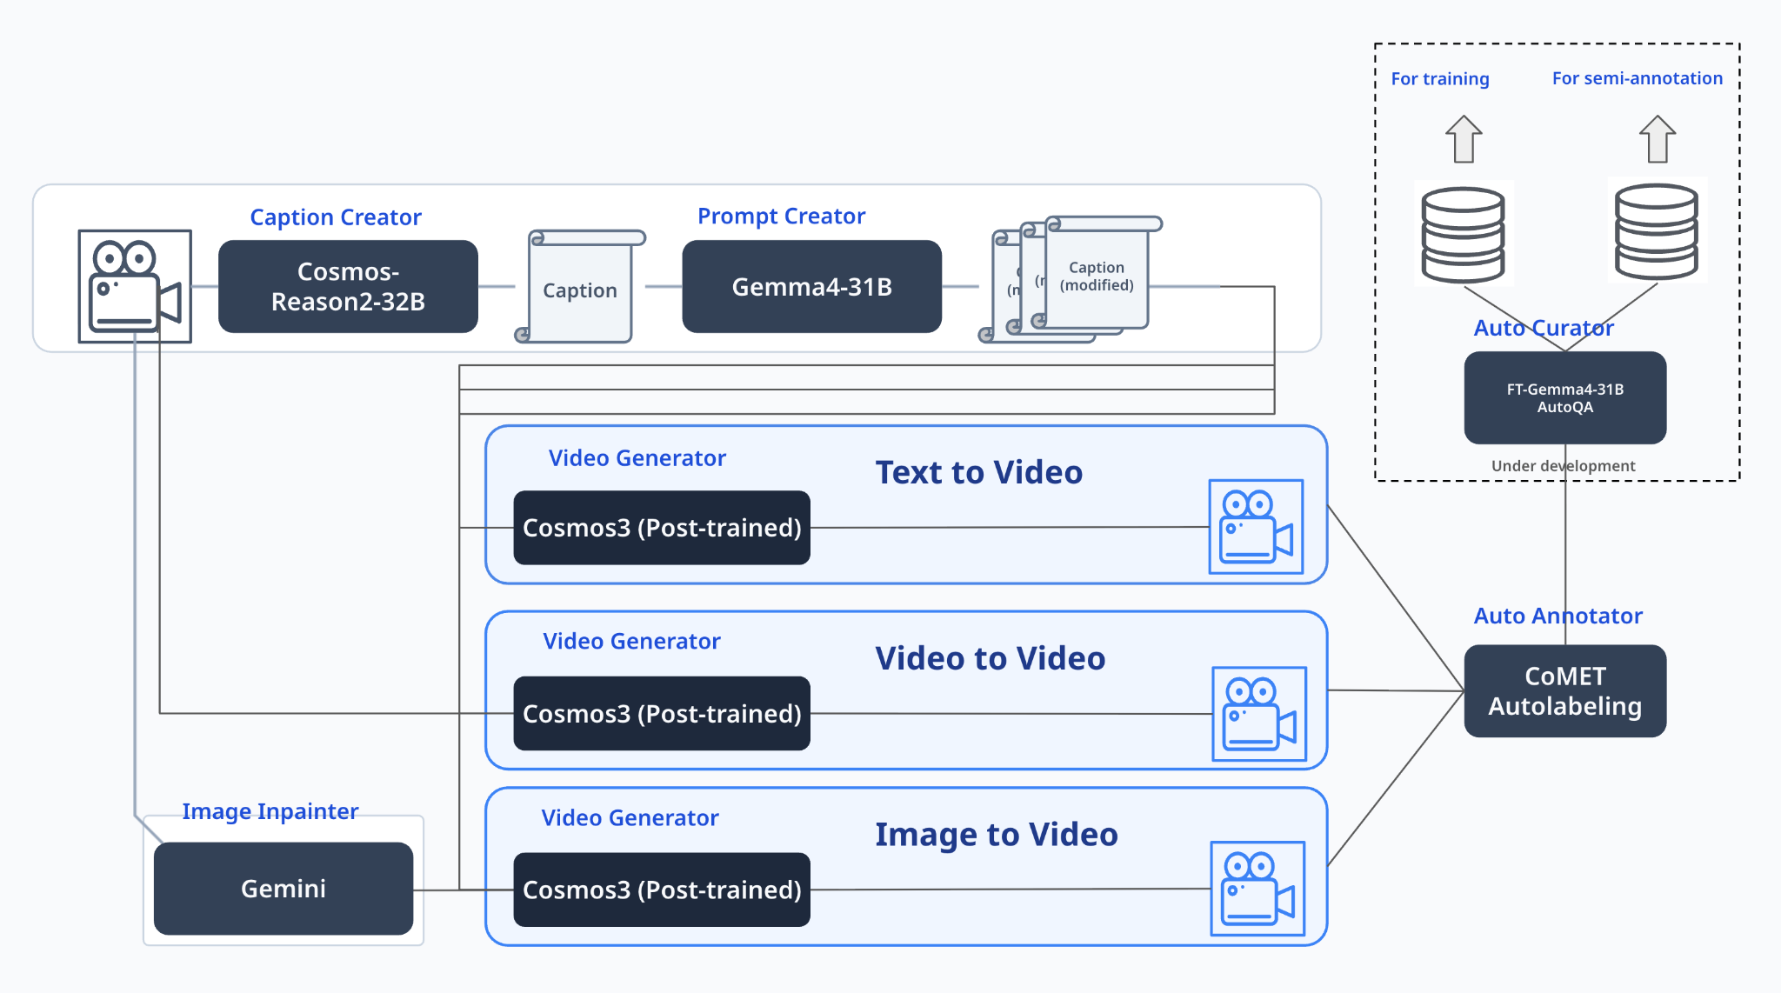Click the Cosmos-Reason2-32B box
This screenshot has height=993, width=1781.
(x=348, y=286)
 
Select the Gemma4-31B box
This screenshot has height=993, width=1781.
(x=811, y=286)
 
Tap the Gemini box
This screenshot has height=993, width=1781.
(x=283, y=888)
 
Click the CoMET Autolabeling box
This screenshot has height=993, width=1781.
(x=1565, y=690)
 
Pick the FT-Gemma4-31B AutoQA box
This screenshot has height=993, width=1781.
(x=1565, y=397)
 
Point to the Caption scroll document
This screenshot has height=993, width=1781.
(x=580, y=286)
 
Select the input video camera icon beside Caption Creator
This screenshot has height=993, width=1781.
(x=135, y=286)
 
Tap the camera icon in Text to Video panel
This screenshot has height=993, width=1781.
(x=1256, y=526)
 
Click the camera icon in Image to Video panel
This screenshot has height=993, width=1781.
(x=1257, y=888)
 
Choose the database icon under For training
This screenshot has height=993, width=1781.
(x=1463, y=234)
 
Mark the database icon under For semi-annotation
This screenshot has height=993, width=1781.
(x=1657, y=231)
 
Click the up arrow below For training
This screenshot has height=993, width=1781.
(x=1464, y=139)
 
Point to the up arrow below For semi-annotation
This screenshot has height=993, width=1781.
(x=1658, y=139)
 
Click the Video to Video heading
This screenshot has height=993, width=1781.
(x=990, y=658)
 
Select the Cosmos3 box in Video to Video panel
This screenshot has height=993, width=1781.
(x=662, y=713)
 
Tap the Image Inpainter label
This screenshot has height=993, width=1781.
(x=270, y=811)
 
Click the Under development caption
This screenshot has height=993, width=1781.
(x=1564, y=466)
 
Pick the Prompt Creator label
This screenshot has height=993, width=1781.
(x=782, y=216)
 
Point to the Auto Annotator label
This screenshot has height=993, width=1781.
(x=1558, y=616)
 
